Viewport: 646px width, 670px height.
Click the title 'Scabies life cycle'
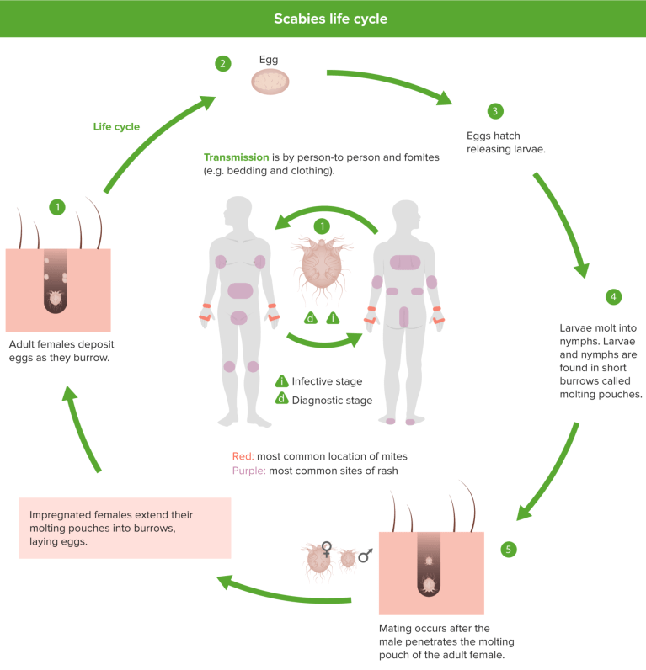(x=323, y=19)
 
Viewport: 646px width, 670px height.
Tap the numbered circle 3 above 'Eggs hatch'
(x=495, y=111)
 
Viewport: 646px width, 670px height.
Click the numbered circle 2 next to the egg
(x=222, y=63)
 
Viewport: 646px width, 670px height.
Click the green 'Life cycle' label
(x=116, y=127)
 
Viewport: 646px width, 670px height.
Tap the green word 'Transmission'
(x=236, y=157)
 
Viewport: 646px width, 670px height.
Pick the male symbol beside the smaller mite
(x=366, y=556)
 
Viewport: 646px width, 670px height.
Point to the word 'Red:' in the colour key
(x=244, y=456)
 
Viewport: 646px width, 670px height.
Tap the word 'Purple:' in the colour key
(x=249, y=471)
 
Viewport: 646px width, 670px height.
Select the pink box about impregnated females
(x=125, y=528)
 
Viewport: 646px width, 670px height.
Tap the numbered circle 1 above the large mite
(x=320, y=226)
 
